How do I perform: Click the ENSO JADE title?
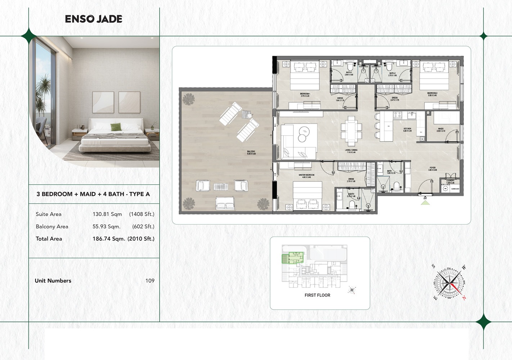tap(94, 19)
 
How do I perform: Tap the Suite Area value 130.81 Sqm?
tap(107, 214)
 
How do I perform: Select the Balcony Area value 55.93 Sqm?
tap(107, 226)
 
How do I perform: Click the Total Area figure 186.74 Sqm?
tap(109, 239)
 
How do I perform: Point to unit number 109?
tap(150, 281)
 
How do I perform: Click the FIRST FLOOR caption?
tap(317, 295)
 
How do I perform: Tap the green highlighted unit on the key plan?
tap(293, 258)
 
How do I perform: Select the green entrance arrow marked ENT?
tap(425, 202)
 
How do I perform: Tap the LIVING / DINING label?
tap(351, 151)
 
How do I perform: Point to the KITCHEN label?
tap(407, 129)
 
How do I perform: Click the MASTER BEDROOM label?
tap(306, 176)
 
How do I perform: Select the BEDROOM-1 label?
tap(305, 95)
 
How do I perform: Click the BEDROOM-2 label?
tap(432, 94)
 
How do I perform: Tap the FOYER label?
tap(432, 168)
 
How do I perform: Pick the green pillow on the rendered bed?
tap(116, 127)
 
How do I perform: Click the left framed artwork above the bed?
tap(103, 102)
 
